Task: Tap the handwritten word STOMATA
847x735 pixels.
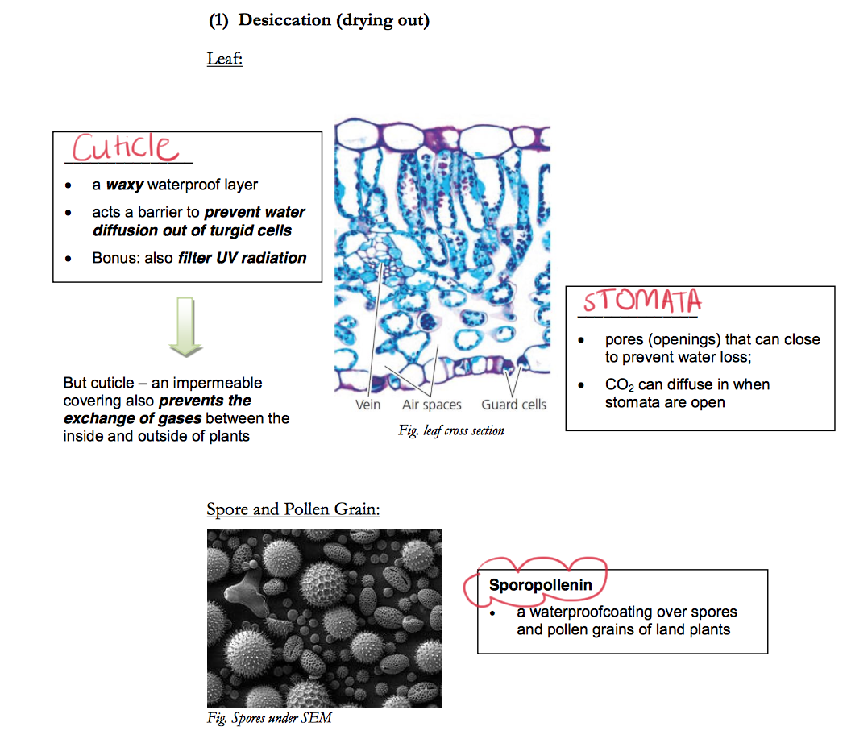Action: coord(642,301)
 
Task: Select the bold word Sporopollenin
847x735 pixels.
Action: coord(540,585)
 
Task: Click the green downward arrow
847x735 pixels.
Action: coord(186,326)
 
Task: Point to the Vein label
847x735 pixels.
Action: coord(367,405)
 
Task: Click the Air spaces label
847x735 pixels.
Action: coord(432,405)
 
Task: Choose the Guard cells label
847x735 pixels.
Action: coord(514,405)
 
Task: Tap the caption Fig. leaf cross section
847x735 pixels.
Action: coord(451,430)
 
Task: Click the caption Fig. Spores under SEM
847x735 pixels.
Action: coord(269,718)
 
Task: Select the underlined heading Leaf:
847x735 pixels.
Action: coord(224,58)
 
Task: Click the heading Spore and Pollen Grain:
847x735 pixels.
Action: coord(293,509)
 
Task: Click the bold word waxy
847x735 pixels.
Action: coord(124,185)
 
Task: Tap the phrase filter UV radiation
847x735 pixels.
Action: coord(243,258)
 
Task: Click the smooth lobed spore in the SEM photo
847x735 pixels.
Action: coord(245,591)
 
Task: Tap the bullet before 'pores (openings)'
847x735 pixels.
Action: coord(582,341)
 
